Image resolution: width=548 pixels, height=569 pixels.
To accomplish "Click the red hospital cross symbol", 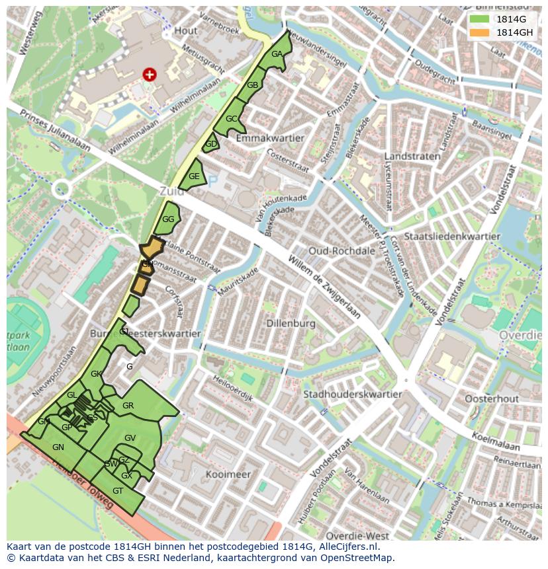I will [150, 75].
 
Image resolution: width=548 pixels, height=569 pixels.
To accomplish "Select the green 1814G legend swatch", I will [480, 19].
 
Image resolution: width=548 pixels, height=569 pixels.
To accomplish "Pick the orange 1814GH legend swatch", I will [480, 32].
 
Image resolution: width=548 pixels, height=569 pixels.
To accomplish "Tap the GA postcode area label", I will [277, 54].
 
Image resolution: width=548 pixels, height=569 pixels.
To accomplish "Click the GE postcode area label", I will [194, 176].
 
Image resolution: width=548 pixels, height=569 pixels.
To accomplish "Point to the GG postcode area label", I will [168, 219].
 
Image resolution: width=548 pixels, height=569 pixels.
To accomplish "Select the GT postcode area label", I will [118, 491].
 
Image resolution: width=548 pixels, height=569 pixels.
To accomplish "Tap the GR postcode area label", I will [128, 406].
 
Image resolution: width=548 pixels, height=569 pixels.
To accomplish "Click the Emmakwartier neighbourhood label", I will [270, 138].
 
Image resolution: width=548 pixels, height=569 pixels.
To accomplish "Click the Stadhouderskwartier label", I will [352, 395].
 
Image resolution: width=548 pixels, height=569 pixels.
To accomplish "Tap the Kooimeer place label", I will [228, 474].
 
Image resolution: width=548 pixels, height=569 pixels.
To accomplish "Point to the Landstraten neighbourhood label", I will [412, 157].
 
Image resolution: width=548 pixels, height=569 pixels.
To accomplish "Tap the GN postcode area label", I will [58, 447].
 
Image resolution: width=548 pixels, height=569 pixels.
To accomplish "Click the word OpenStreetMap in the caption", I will [361, 558].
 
